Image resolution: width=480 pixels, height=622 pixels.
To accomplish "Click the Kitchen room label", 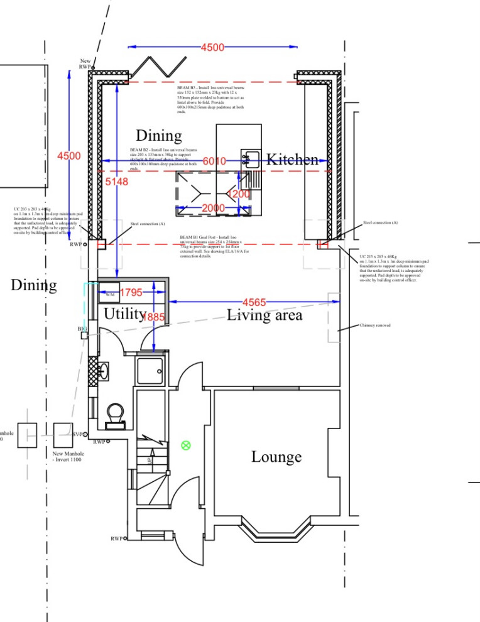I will tap(292, 160).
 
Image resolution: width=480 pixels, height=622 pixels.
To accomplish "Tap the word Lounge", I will tap(276, 457).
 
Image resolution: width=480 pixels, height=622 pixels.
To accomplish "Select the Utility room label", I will tap(124, 313).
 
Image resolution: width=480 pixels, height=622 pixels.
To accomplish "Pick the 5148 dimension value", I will tap(117, 182).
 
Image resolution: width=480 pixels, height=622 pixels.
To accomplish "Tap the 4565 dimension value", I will tap(254, 303).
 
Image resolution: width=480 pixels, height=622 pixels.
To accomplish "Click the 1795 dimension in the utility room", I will tap(131, 292).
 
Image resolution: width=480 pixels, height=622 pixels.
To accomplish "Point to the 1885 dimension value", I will tap(153, 318).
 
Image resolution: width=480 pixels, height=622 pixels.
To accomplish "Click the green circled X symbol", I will tap(185, 445).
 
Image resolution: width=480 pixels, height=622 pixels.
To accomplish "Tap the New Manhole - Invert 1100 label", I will tap(67, 457).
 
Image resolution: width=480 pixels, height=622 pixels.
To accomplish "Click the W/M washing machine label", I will tap(110, 294).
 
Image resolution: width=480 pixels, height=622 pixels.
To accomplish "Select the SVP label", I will tap(78, 434).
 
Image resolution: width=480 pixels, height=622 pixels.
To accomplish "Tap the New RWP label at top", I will tap(85, 63).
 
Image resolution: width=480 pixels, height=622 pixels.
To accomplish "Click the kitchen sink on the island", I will tap(251, 158).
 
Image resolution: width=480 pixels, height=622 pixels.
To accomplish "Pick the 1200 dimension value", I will tap(239, 194).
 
